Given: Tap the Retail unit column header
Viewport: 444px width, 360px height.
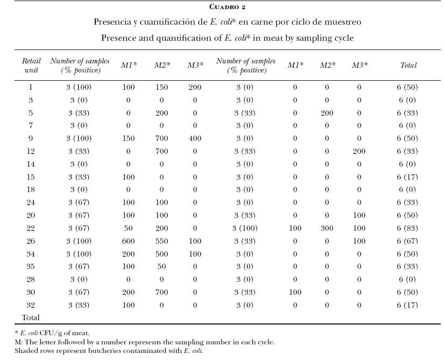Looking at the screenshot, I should click(31, 66).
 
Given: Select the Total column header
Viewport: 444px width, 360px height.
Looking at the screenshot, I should click(408, 65).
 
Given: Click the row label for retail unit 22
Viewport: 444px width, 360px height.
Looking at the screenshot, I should click(31, 228).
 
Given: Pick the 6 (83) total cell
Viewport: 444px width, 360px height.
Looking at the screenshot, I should click(407, 228).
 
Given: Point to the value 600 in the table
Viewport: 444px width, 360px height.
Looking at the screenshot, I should click(128, 241).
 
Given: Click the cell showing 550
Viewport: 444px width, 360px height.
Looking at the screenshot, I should click(161, 241).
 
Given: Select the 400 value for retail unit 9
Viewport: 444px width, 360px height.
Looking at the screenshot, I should click(195, 138).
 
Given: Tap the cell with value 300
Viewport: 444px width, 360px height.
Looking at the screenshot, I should click(327, 228).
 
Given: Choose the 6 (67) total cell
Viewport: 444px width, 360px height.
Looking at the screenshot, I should click(407, 241).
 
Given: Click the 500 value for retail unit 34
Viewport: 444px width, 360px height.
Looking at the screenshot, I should click(161, 254).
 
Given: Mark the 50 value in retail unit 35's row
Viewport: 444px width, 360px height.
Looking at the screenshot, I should click(161, 266).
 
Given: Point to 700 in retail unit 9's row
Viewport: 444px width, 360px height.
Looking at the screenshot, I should click(161, 138).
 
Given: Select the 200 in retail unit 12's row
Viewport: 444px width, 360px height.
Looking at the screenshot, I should click(359, 151).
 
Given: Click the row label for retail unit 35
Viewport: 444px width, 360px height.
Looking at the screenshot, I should click(31, 266).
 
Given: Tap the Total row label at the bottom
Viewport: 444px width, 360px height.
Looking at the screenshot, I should click(31, 317).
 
